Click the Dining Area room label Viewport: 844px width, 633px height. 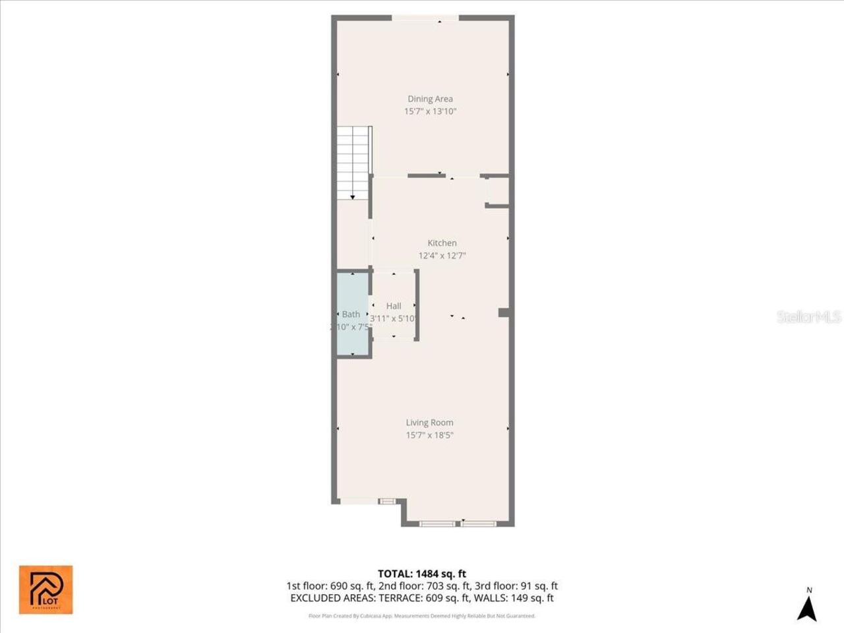click(x=430, y=99)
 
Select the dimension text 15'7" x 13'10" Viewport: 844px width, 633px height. click(x=430, y=111)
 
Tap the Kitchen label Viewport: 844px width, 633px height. click(x=442, y=243)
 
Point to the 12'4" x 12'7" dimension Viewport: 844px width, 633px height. click(x=442, y=256)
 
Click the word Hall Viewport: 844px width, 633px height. click(x=394, y=306)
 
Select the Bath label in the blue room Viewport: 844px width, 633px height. click(x=351, y=315)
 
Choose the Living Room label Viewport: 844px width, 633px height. click(x=429, y=423)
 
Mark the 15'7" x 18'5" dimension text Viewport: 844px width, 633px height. click(x=429, y=435)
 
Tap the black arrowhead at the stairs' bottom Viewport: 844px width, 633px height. click(x=353, y=196)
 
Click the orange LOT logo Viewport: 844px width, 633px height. click(x=45, y=589)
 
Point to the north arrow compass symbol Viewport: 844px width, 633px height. click(x=807, y=607)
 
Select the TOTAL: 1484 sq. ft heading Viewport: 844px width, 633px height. click(x=422, y=574)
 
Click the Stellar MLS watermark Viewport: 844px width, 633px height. click(x=809, y=317)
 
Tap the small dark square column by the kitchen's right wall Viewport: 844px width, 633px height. click(x=503, y=313)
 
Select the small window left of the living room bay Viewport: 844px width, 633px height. click(x=388, y=501)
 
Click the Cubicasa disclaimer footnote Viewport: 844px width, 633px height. click(x=422, y=616)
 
